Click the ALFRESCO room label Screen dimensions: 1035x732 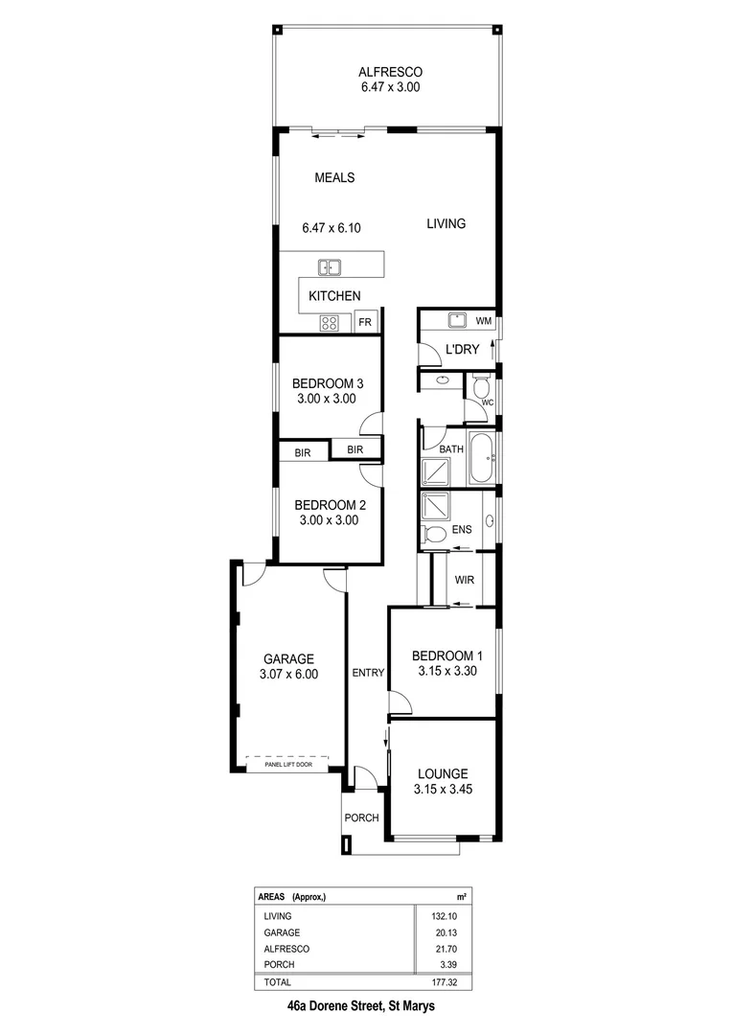(390, 72)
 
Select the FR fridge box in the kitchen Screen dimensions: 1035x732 (365, 322)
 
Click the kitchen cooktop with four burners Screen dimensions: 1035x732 (330, 323)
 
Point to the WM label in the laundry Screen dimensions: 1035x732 (484, 320)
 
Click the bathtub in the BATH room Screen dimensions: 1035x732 (479, 460)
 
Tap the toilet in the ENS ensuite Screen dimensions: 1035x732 (433, 533)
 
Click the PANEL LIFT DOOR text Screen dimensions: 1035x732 (286, 764)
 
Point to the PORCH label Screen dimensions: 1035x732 (362, 817)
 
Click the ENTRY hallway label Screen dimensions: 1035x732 (368, 673)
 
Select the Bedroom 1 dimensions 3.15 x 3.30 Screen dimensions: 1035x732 (447, 671)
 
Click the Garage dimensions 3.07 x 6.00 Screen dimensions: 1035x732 (288, 674)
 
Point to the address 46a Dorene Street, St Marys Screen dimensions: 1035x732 (366, 1007)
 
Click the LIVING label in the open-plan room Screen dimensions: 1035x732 (446, 223)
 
